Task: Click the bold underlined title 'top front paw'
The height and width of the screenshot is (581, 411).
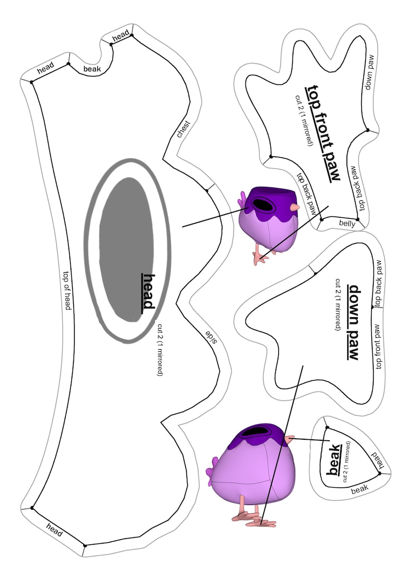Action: pos(322,132)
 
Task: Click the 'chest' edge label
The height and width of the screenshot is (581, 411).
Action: pos(184,129)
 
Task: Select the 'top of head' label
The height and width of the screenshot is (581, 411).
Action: pos(67,291)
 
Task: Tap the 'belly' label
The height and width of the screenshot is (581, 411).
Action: pos(347,223)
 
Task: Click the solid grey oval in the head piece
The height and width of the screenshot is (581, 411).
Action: pos(126,249)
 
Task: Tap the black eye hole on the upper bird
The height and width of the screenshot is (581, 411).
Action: pos(263,204)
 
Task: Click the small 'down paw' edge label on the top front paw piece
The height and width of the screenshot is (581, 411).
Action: pos(370,72)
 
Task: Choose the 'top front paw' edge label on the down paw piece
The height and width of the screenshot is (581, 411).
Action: pos(378,347)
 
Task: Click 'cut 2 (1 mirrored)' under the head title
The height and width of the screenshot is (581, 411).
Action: pos(160,350)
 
